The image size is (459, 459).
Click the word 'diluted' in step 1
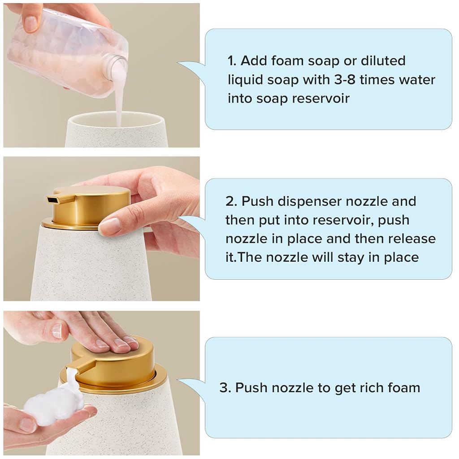[x=383, y=61]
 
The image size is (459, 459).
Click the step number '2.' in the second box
[x=231, y=201]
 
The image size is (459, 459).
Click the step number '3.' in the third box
[x=225, y=388]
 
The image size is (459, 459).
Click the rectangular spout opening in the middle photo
[x=53, y=200]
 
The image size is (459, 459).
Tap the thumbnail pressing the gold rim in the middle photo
[x=109, y=226]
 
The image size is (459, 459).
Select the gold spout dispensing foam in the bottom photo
[x=81, y=366]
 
